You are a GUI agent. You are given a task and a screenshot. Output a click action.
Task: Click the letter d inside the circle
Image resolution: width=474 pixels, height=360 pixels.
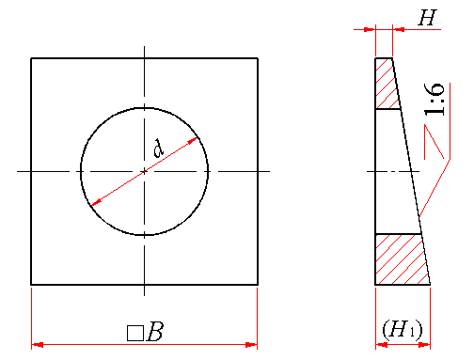pos(159,149)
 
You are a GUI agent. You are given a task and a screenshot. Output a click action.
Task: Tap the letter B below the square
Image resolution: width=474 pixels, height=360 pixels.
pos(155,332)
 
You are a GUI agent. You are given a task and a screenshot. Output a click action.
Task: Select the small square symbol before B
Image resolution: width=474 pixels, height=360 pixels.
pos(135,334)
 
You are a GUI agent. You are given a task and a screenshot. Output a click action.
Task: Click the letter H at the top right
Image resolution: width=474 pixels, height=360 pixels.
pos(428,18)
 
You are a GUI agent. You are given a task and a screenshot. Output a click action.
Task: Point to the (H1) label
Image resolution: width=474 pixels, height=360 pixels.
pos(403,330)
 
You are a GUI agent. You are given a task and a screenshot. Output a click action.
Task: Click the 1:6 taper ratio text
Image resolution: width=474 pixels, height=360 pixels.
pos(434,100)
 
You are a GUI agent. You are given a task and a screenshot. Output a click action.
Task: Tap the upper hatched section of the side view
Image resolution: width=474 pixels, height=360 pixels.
pos(387,83)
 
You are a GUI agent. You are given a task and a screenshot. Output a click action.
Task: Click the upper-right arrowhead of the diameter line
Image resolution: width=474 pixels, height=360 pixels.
pos(192,141)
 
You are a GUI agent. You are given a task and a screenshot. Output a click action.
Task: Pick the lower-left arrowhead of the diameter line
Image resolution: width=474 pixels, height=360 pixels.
pos(96,202)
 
